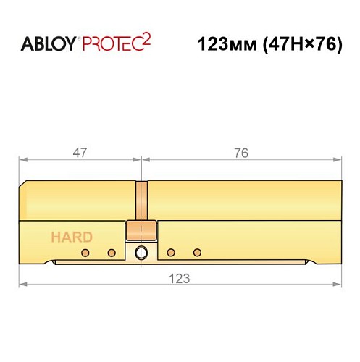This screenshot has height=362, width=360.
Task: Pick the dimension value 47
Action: coord(80,153)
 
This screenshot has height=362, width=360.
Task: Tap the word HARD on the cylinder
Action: coord(71,237)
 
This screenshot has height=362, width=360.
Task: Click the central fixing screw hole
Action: coord(141,253)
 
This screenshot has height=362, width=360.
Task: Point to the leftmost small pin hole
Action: coord(85,253)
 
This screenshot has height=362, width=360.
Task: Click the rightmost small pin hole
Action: coord(197,253)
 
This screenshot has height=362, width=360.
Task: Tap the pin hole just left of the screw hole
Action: coord(112,253)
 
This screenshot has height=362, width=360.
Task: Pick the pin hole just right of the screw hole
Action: coord(171,253)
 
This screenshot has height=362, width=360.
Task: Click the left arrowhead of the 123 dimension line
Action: coord(22,285)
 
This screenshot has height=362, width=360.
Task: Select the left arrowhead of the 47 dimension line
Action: coord(22,159)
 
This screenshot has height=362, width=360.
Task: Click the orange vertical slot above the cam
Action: coord(141,201)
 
